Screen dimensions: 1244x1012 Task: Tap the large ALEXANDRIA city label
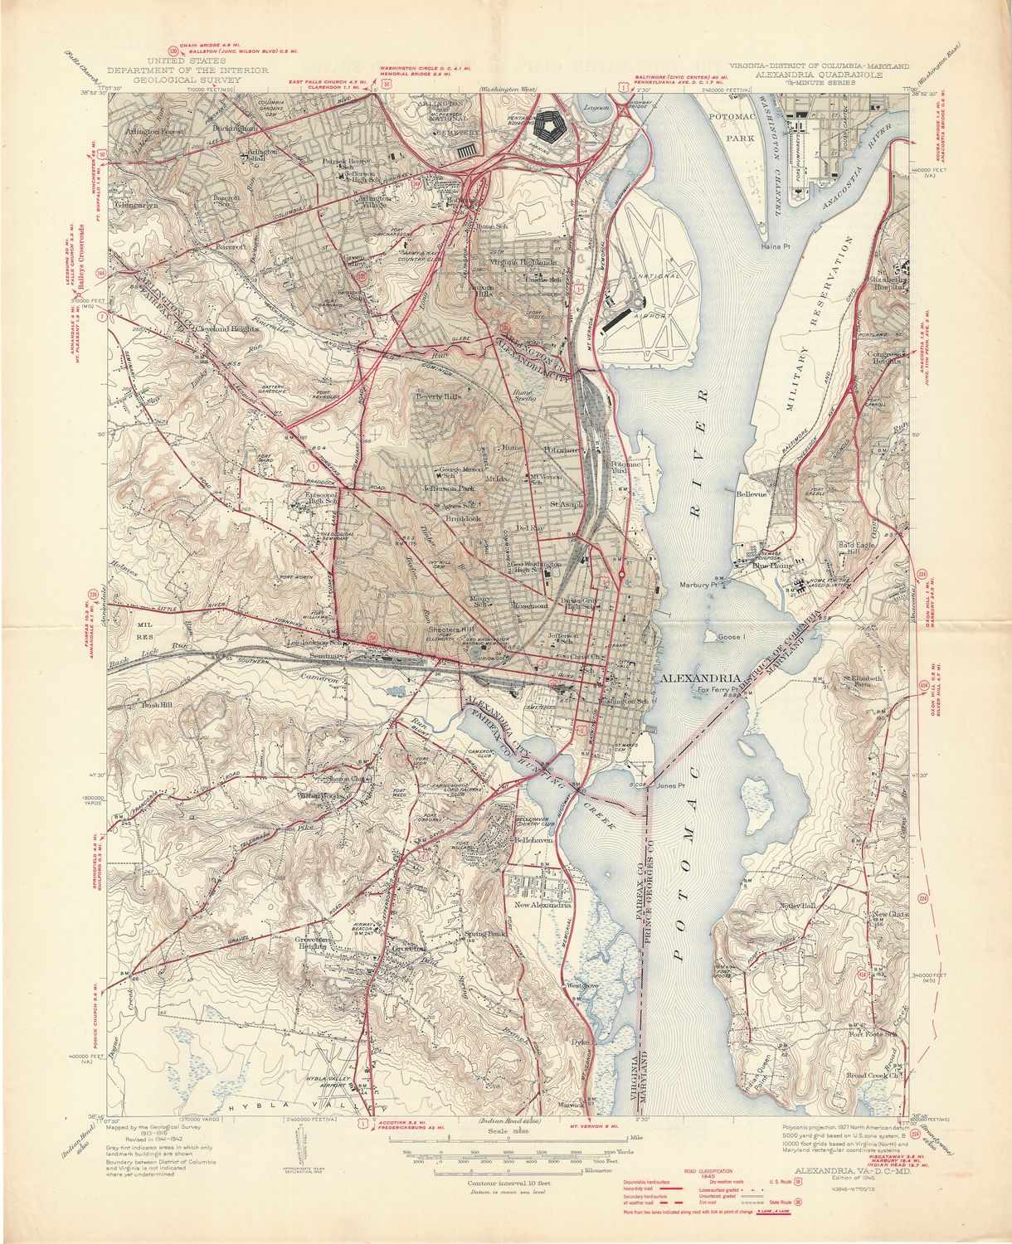click(x=695, y=678)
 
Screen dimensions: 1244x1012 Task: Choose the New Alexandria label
click(x=544, y=906)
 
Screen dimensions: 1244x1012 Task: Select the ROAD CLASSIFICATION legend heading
click(x=707, y=1168)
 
